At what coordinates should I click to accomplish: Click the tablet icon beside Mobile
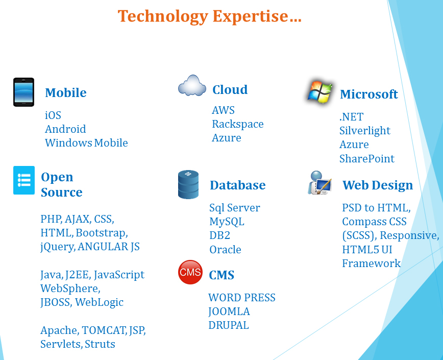tap(23, 92)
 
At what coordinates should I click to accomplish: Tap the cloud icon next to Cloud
tap(192, 85)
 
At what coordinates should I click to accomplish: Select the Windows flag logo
tap(320, 92)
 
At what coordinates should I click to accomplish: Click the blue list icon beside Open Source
tap(24, 180)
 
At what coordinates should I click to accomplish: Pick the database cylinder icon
tap(188, 184)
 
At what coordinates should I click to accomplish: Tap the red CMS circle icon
tap(190, 272)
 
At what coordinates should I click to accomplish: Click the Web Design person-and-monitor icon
tap(319, 183)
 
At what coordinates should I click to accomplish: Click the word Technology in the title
tap(163, 16)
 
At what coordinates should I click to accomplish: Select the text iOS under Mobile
tap(53, 115)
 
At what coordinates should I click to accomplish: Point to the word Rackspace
tap(238, 124)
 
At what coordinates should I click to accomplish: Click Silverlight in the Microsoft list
tap(365, 131)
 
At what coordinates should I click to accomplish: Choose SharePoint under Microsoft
tap(367, 158)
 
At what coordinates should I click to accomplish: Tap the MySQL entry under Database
tap(227, 222)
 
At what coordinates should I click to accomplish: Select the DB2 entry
tap(219, 235)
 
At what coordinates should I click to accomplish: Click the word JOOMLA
tap(229, 311)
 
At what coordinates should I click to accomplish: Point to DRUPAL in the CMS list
tap(229, 325)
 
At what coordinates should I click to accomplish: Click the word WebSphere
tap(70, 289)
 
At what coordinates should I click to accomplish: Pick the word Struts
tap(100, 344)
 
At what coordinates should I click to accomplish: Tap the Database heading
tap(238, 185)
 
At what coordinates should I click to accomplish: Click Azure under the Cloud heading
tap(226, 138)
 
